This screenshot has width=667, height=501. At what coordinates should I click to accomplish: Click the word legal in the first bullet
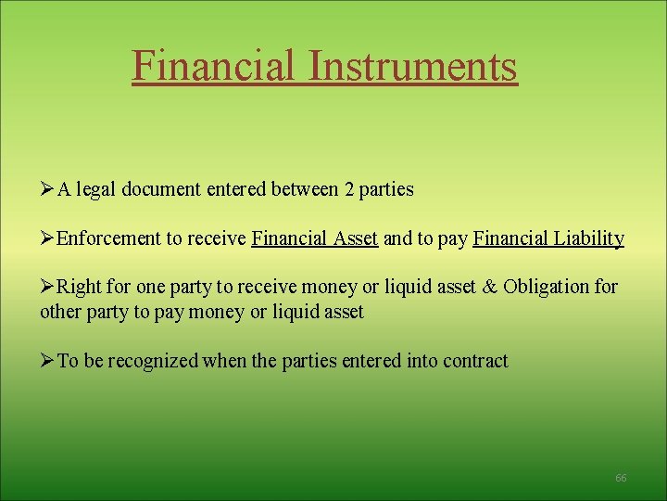pos(95,189)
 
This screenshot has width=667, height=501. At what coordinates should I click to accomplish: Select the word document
pos(160,189)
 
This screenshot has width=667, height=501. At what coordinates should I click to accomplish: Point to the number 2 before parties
pos(348,189)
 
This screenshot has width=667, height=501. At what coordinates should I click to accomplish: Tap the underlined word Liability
pos(588,238)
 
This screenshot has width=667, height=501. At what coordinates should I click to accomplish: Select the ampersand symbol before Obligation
pos(490,287)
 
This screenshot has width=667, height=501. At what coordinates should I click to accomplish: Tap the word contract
pos(476,361)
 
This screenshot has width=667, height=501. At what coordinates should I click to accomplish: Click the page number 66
pos(621,478)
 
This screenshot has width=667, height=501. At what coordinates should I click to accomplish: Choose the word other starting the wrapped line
pos(60,312)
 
